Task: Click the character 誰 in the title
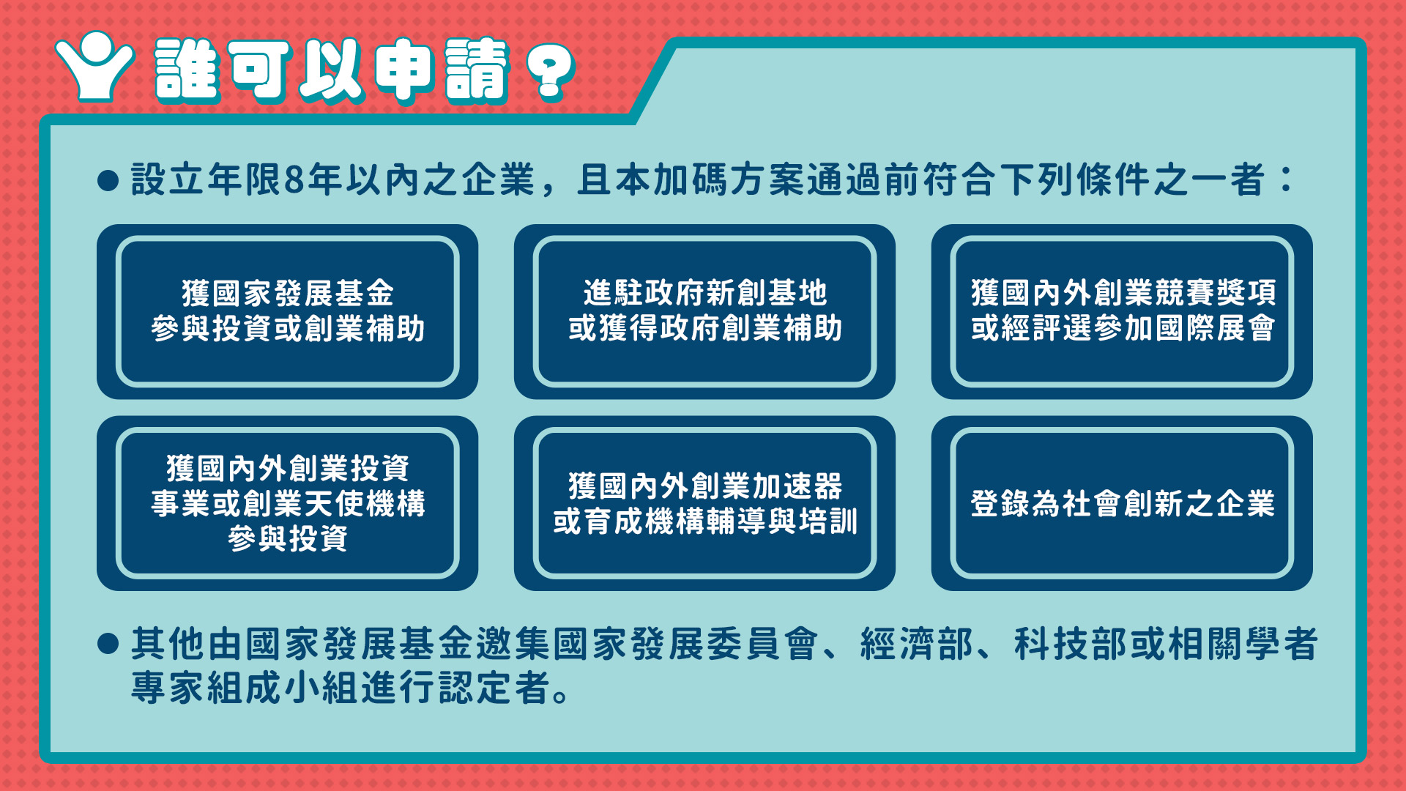pos(187,70)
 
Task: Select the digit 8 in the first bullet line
pos(294,180)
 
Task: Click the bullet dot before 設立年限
pos(108,181)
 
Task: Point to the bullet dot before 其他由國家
pos(108,644)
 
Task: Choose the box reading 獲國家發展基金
pos(287,311)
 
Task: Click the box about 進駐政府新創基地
pos(704,311)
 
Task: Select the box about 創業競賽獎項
pos(1122,311)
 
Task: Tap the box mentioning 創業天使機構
pos(287,503)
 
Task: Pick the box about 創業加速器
pos(704,503)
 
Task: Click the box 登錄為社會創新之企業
pos(1122,503)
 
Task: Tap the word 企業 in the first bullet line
pos(499,180)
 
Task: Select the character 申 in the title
pos(403,70)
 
